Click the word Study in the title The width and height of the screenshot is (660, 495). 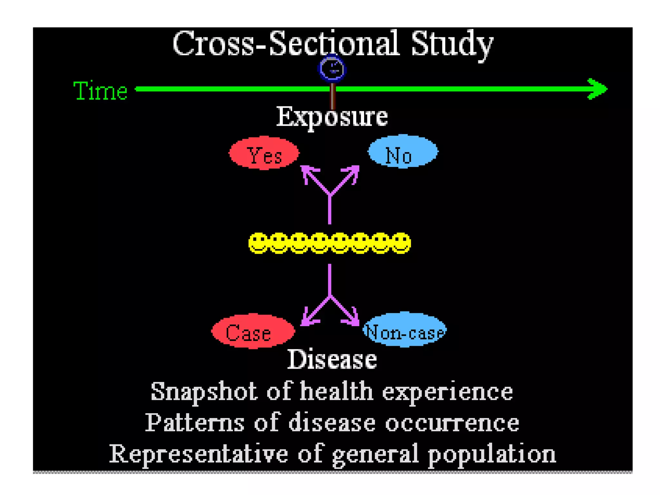(x=452, y=44)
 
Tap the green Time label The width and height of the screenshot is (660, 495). (x=100, y=91)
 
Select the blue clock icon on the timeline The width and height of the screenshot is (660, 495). (x=332, y=69)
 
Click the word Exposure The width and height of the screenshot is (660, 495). (x=332, y=117)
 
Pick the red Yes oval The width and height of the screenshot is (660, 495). (x=264, y=153)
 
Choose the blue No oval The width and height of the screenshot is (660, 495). (x=403, y=151)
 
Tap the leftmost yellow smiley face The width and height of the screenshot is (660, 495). (x=258, y=243)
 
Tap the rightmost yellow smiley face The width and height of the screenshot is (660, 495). (x=401, y=243)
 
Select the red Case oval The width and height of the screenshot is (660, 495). (x=253, y=331)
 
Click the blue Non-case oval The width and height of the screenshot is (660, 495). (x=405, y=330)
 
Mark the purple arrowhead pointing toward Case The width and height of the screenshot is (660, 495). (x=306, y=320)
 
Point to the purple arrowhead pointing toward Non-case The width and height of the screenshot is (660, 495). (x=353, y=320)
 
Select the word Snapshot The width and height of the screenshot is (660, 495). (x=204, y=392)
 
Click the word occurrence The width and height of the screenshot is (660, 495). (x=452, y=423)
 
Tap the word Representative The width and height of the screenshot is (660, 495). (x=198, y=454)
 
